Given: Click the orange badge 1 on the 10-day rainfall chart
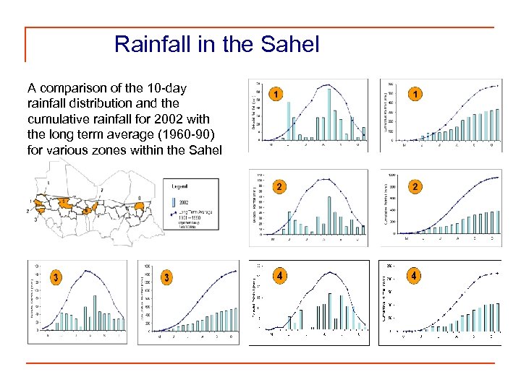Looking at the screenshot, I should coord(277,94).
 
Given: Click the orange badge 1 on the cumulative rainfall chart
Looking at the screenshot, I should coord(415,94).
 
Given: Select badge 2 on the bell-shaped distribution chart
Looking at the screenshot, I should coord(278,187).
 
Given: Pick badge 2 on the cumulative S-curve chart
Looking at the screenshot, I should coord(415,187).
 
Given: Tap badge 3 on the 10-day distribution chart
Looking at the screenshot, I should coord(56,277).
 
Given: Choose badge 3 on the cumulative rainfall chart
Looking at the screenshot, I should coord(167,277).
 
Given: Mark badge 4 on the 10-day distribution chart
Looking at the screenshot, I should coord(279,275).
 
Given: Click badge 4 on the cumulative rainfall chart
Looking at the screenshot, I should coord(414,275).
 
